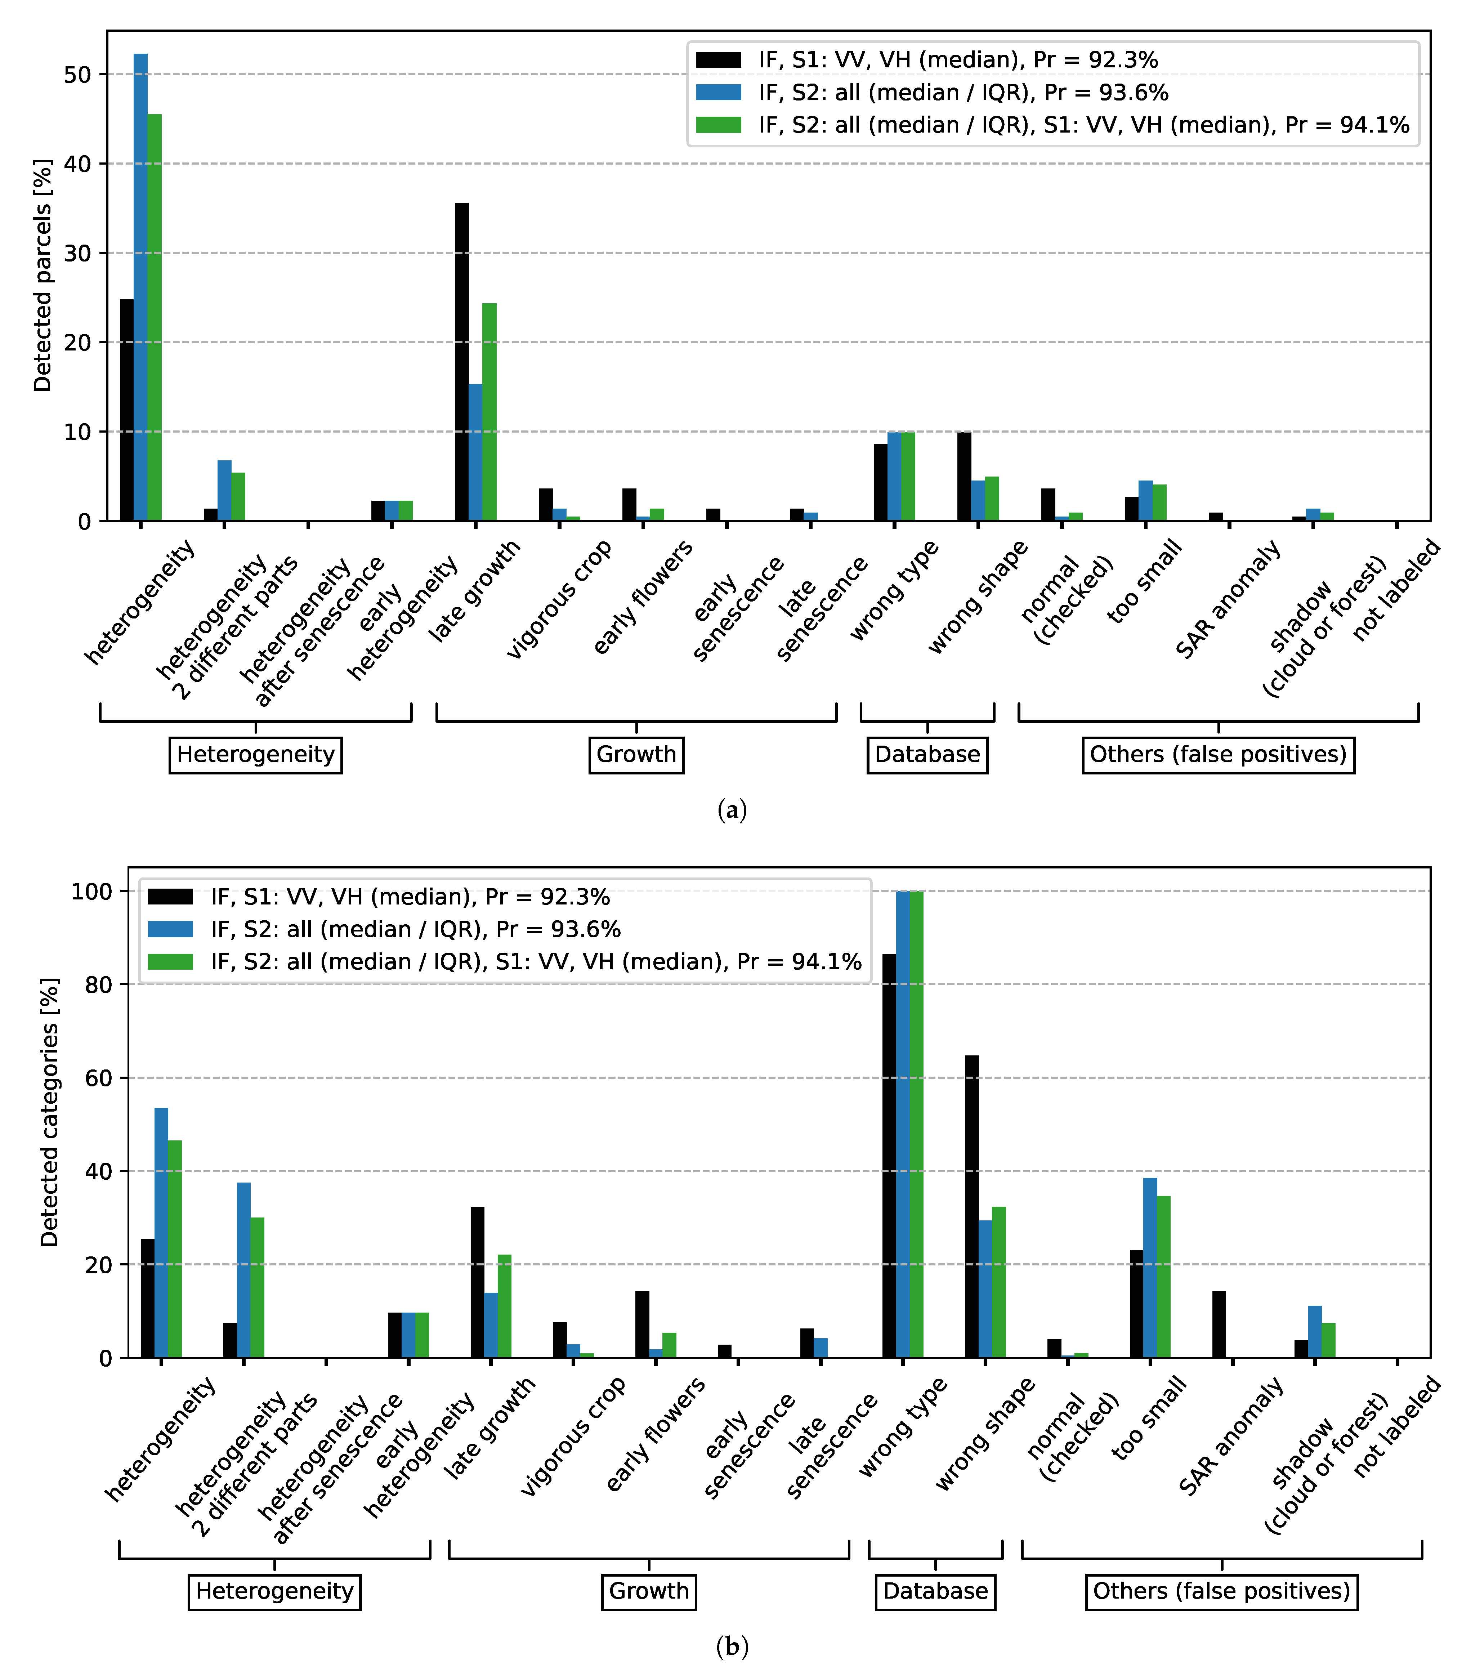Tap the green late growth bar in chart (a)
(x=489, y=412)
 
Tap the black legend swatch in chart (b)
(x=170, y=897)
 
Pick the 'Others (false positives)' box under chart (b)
(x=1221, y=1591)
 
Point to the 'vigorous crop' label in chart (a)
(x=560, y=600)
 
